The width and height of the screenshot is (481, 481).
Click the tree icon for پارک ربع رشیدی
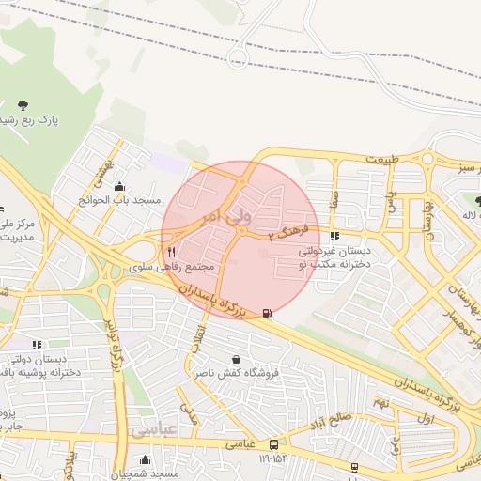[23, 104]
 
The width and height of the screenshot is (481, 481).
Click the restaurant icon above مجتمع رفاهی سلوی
[171, 252]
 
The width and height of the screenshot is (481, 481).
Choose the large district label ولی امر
[225, 216]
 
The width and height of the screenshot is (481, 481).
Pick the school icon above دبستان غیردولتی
[334, 237]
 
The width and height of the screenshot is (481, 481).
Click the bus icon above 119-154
[272, 443]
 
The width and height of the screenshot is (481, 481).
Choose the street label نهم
[380, 402]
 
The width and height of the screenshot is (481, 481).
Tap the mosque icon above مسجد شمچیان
[145, 459]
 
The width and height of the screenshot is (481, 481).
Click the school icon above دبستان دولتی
[37, 345]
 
